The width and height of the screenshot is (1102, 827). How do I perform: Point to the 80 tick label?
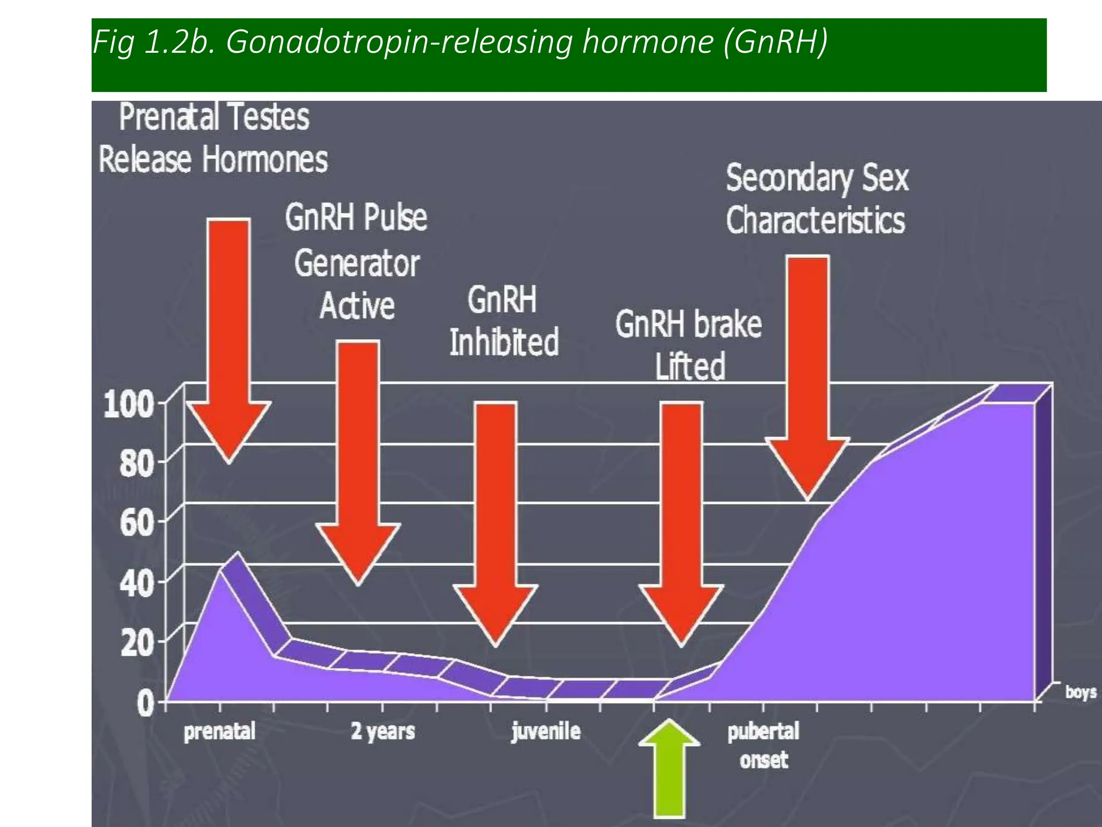tap(136, 464)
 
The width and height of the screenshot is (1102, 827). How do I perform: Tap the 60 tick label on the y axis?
tap(136, 522)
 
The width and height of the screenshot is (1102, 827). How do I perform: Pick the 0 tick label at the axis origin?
tap(145, 703)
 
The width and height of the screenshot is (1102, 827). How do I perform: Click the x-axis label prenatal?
tap(220, 732)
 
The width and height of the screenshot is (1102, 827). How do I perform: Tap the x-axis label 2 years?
tap(383, 731)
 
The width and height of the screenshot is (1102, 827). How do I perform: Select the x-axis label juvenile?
tap(546, 731)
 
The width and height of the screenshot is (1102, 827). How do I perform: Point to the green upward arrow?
tap(669, 770)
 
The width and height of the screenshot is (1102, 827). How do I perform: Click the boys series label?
tap(1080, 692)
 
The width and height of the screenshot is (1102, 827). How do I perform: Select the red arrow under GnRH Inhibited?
tap(496, 517)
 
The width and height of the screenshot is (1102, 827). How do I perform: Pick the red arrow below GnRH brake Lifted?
tap(681, 517)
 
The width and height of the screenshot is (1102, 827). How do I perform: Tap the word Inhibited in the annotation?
tap(504, 342)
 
